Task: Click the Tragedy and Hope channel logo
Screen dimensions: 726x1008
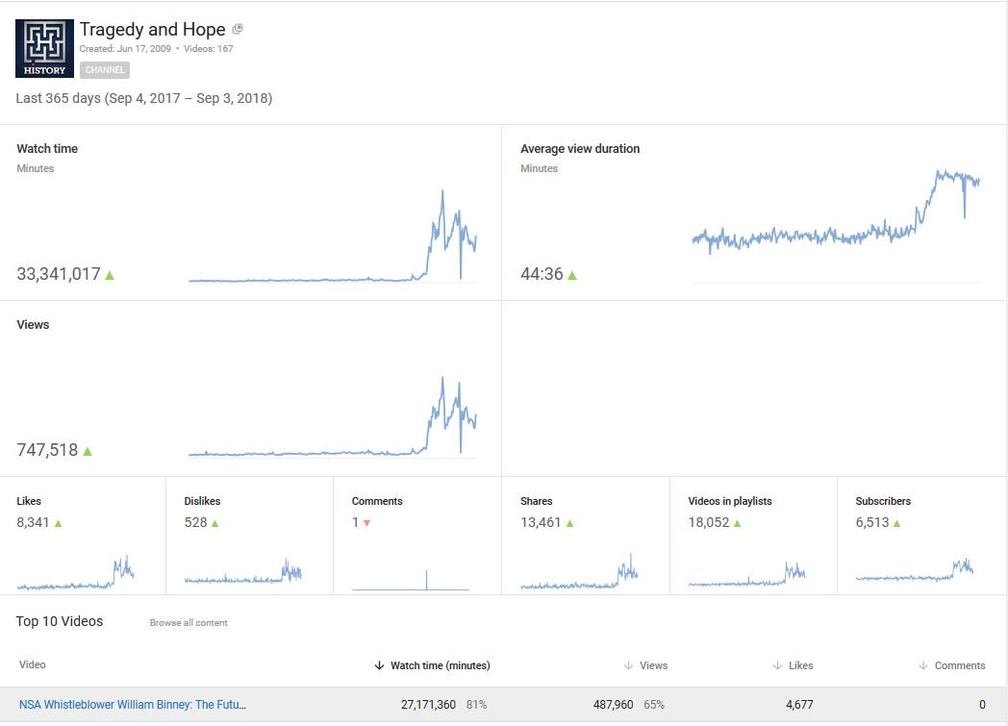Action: (45, 48)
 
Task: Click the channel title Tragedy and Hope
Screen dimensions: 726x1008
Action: (152, 30)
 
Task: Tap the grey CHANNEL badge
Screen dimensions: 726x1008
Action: (105, 70)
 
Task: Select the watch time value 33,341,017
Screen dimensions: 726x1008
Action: (59, 274)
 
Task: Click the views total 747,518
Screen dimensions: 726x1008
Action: (47, 450)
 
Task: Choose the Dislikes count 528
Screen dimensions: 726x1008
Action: (195, 523)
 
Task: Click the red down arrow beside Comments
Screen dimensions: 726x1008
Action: (367, 523)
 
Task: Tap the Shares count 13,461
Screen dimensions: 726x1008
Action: (541, 523)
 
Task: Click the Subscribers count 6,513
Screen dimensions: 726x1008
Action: (872, 523)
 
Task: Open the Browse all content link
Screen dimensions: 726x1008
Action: (189, 623)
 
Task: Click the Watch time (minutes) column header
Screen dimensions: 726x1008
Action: (440, 665)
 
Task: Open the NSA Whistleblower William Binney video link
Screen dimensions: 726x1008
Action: (133, 705)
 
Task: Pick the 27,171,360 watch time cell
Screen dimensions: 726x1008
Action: (428, 705)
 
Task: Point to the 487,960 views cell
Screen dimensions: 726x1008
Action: (614, 705)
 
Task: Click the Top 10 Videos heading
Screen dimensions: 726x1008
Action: (60, 621)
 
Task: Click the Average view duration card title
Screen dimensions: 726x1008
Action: (580, 149)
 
